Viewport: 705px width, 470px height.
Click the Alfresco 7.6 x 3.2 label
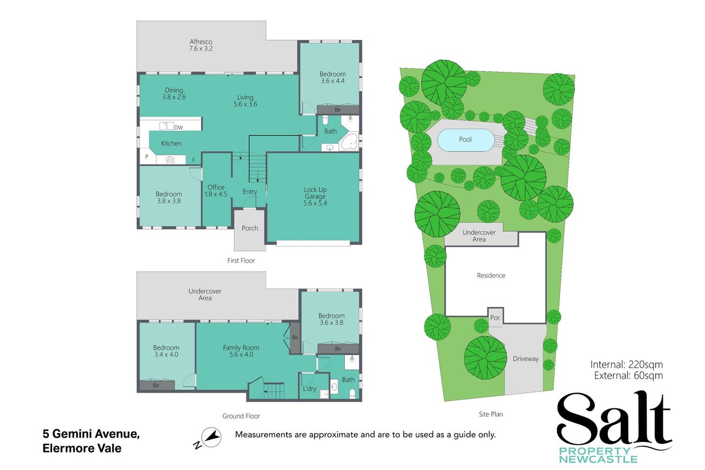pos(201,45)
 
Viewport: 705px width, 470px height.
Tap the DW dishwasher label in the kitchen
pos(178,127)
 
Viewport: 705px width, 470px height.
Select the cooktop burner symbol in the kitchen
pos(170,160)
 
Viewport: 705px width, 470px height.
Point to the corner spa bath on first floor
pos(349,142)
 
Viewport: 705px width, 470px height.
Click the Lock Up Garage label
pos(315,197)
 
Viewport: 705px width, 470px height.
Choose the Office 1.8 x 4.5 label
pos(216,191)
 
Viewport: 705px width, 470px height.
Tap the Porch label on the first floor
pos(250,228)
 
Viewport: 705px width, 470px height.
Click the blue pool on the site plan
pos(466,140)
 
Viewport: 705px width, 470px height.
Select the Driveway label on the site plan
pos(525,359)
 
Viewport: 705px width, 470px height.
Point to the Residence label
pos(491,276)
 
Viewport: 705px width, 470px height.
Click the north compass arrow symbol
pos(211,437)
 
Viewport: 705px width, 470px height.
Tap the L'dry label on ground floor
pos(309,389)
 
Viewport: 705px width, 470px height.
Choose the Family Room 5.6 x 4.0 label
pos(241,351)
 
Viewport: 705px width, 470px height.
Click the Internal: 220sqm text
pos(626,365)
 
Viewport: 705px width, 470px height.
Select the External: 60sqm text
pos(628,375)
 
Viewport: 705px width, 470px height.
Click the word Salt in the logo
pos(614,419)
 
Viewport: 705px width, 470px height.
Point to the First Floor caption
pos(241,261)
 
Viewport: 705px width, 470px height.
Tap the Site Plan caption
pos(491,415)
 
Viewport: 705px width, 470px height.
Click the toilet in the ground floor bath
pos(352,394)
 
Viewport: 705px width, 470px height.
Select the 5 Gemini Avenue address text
pos(91,434)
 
